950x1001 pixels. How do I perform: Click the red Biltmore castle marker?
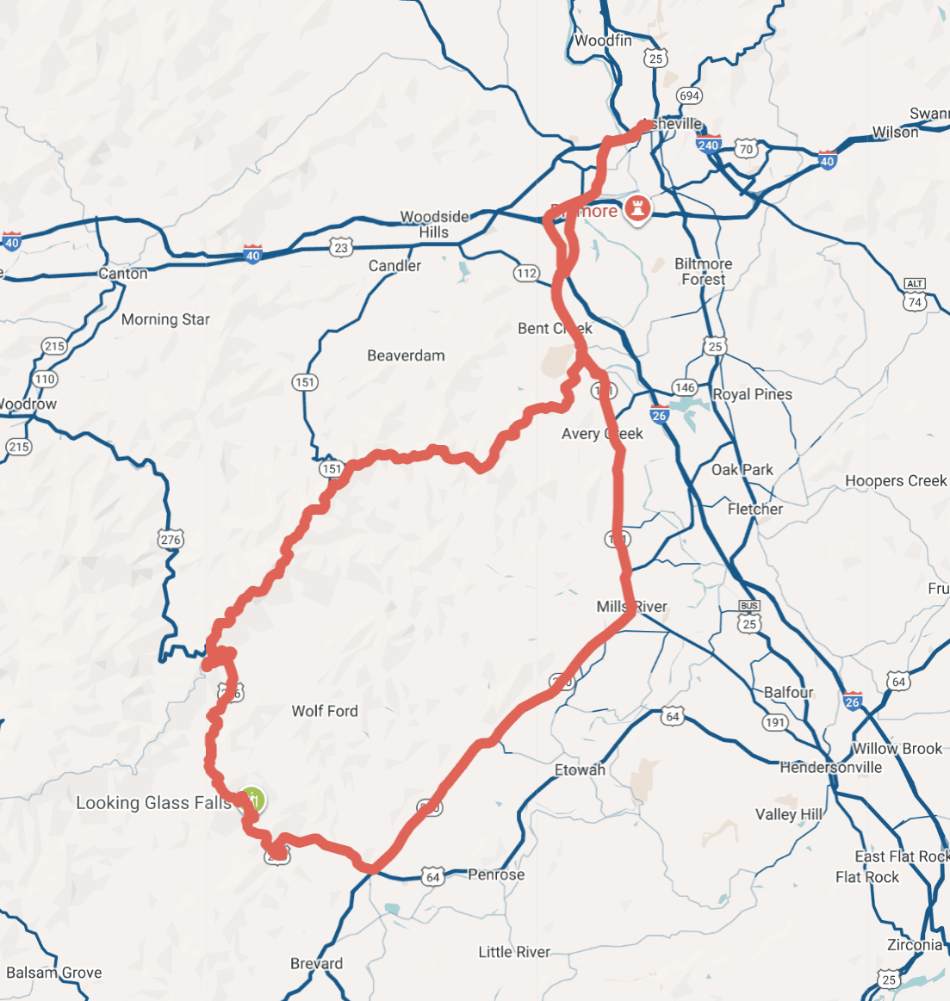636,208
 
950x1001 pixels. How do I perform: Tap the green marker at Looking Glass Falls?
252,800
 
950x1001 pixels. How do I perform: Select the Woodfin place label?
603,40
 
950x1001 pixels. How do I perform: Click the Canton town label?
123,274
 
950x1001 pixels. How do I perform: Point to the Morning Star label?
165,319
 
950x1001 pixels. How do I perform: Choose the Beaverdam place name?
406,355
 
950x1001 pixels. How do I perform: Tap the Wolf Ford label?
325,711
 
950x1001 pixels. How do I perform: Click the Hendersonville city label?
831,767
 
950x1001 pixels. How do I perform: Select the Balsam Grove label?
54,973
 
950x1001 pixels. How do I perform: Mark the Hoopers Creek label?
896,481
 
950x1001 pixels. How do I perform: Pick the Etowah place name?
580,769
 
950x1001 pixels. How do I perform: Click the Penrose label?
496,874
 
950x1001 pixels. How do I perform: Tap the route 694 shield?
689,96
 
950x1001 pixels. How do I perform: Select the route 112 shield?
527,274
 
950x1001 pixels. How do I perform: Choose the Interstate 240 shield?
708,145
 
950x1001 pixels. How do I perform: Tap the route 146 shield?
685,387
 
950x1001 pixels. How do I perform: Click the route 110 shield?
45,379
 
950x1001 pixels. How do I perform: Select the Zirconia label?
915,945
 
